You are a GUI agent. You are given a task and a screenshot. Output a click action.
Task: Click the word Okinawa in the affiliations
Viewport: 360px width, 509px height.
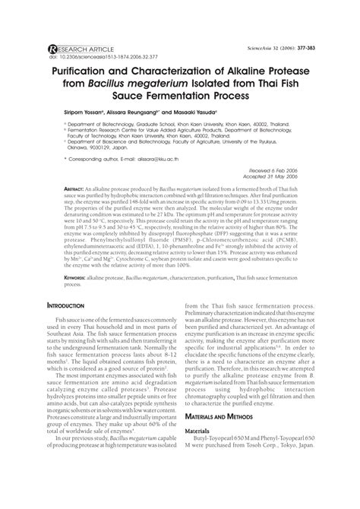(72, 170)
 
